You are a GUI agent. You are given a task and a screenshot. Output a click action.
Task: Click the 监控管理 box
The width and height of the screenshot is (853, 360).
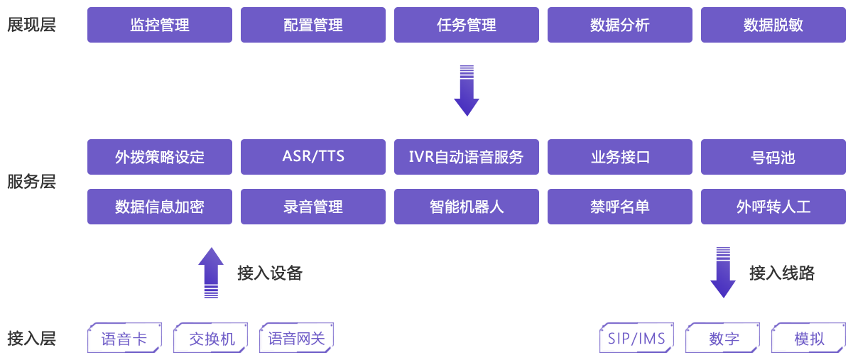160,26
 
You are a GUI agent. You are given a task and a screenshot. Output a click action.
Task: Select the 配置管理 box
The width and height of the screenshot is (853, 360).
313,26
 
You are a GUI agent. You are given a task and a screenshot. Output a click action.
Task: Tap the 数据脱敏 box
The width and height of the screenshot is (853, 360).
773,26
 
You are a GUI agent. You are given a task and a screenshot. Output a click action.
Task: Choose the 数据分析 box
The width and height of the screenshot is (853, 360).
619,26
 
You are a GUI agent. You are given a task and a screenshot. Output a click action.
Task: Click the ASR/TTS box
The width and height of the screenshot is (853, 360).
313,157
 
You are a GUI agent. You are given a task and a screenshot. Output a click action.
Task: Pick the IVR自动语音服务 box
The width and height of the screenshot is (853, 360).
467,157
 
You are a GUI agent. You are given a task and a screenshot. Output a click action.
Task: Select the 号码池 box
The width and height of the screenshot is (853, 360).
773,157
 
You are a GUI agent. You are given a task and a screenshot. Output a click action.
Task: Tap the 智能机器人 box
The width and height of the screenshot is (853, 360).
467,207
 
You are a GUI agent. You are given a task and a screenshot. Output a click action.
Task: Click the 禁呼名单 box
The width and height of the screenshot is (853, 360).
619,207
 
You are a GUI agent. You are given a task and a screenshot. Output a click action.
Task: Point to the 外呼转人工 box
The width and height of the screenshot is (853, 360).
773,207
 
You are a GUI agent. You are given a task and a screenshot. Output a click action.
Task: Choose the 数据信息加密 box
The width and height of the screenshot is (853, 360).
160,207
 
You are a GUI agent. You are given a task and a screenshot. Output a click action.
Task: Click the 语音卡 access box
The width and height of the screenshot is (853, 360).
125,338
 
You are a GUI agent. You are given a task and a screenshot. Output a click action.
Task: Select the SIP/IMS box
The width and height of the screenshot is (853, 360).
636,338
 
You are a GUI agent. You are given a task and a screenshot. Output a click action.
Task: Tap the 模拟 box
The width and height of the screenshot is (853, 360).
809,338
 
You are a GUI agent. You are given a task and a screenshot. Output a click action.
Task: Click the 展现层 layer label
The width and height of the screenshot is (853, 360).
31,26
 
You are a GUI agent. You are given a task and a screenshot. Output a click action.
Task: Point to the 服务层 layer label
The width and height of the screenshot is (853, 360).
31,182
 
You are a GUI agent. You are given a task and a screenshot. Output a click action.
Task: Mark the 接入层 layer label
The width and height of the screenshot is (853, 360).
31,338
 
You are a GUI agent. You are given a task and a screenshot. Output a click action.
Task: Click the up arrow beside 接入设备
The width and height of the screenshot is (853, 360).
211,272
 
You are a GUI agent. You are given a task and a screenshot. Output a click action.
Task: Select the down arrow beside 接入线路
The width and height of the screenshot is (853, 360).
723,272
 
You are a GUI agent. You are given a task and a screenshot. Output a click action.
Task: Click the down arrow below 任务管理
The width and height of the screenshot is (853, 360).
467,90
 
